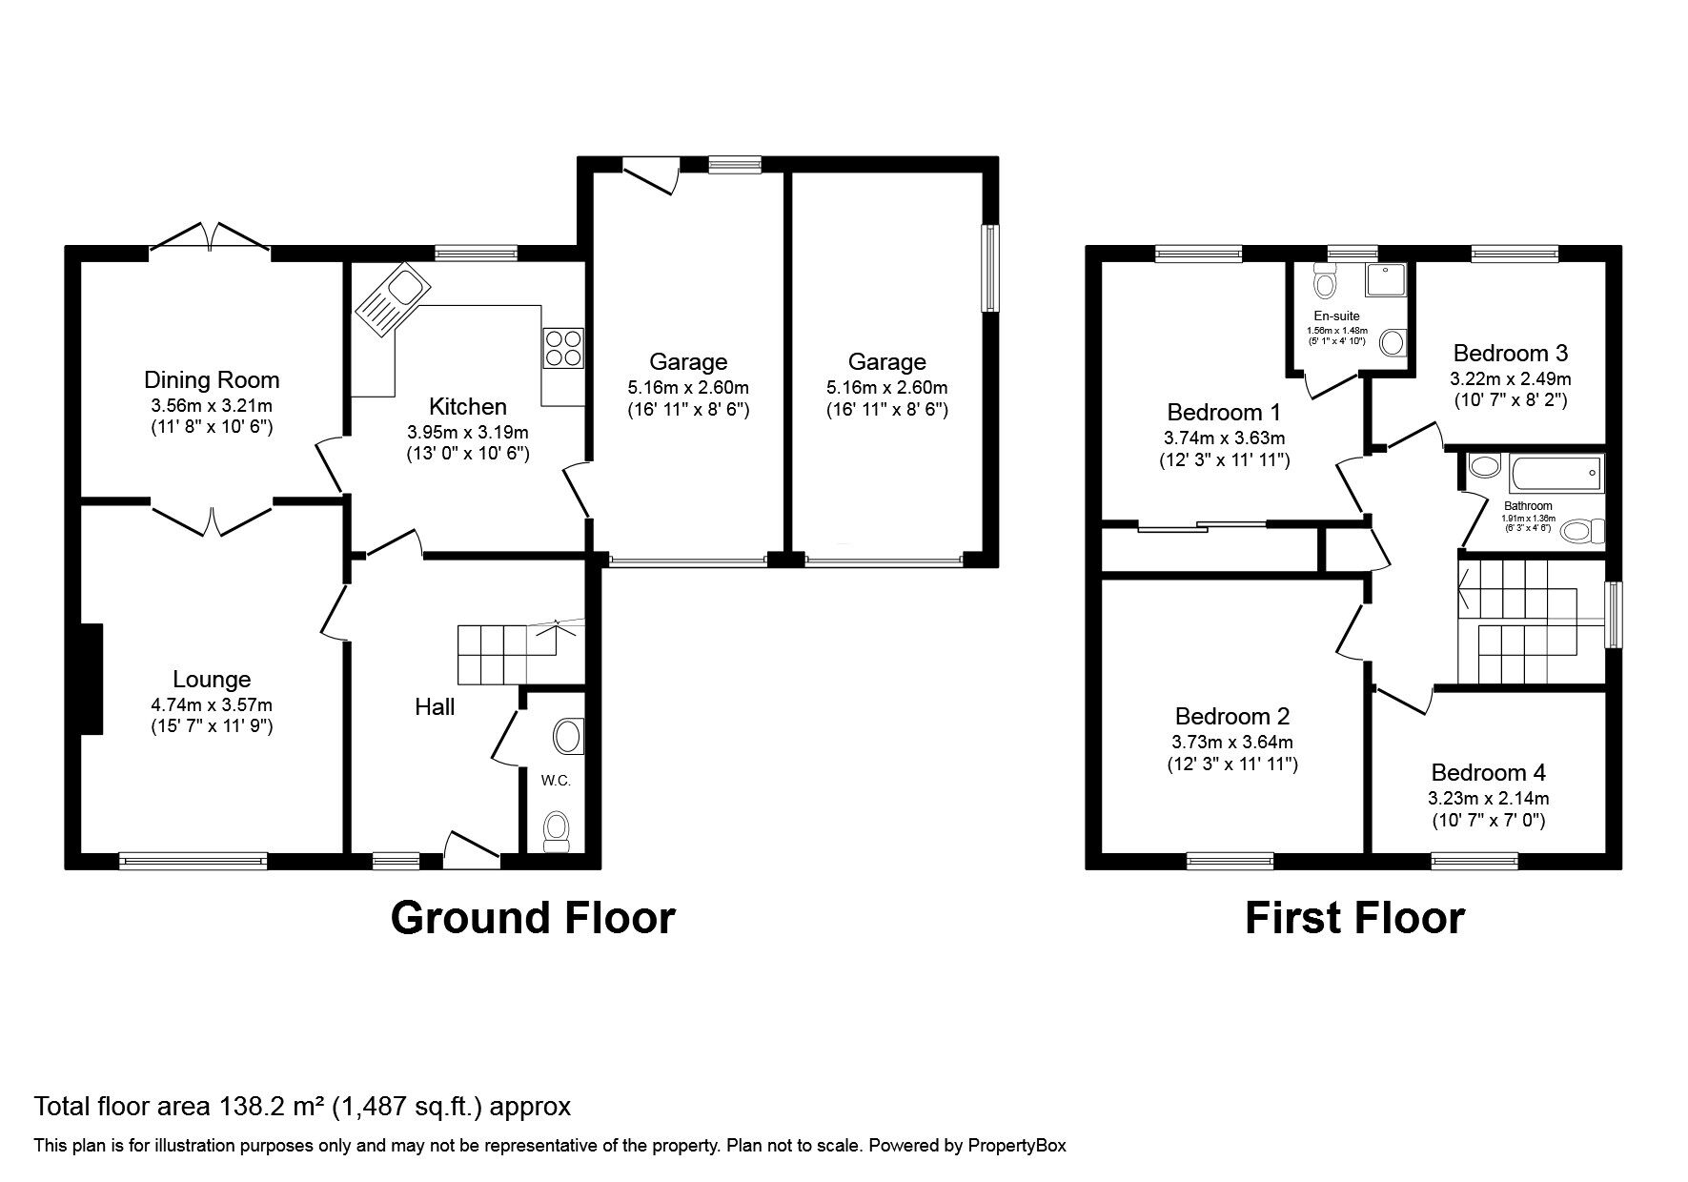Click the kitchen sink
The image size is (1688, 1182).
coord(393,300)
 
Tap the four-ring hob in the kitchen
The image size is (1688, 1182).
coord(563,348)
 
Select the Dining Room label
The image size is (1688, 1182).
coord(212,379)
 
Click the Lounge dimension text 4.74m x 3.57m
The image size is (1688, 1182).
coord(212,705)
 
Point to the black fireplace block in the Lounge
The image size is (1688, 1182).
coord(91,679)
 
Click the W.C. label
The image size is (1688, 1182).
coord(556,781)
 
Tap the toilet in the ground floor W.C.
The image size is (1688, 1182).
coord(555,831)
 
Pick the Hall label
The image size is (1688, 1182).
coord(435,706)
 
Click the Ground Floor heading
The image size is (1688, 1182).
coord(533,918)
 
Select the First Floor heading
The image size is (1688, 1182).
coord(1354,918)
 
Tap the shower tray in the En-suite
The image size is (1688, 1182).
coord(1388,279)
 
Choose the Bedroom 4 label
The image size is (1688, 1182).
coord(1488,773)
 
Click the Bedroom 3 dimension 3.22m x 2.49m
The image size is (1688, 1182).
coord(1510,378)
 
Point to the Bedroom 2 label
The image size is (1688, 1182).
coord(1232,717)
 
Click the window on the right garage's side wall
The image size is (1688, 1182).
coord(991,268)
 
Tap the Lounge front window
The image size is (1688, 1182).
coord(193,861)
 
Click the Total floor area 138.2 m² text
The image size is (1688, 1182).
coord(303,1107)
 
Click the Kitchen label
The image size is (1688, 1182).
coord(467,407)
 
